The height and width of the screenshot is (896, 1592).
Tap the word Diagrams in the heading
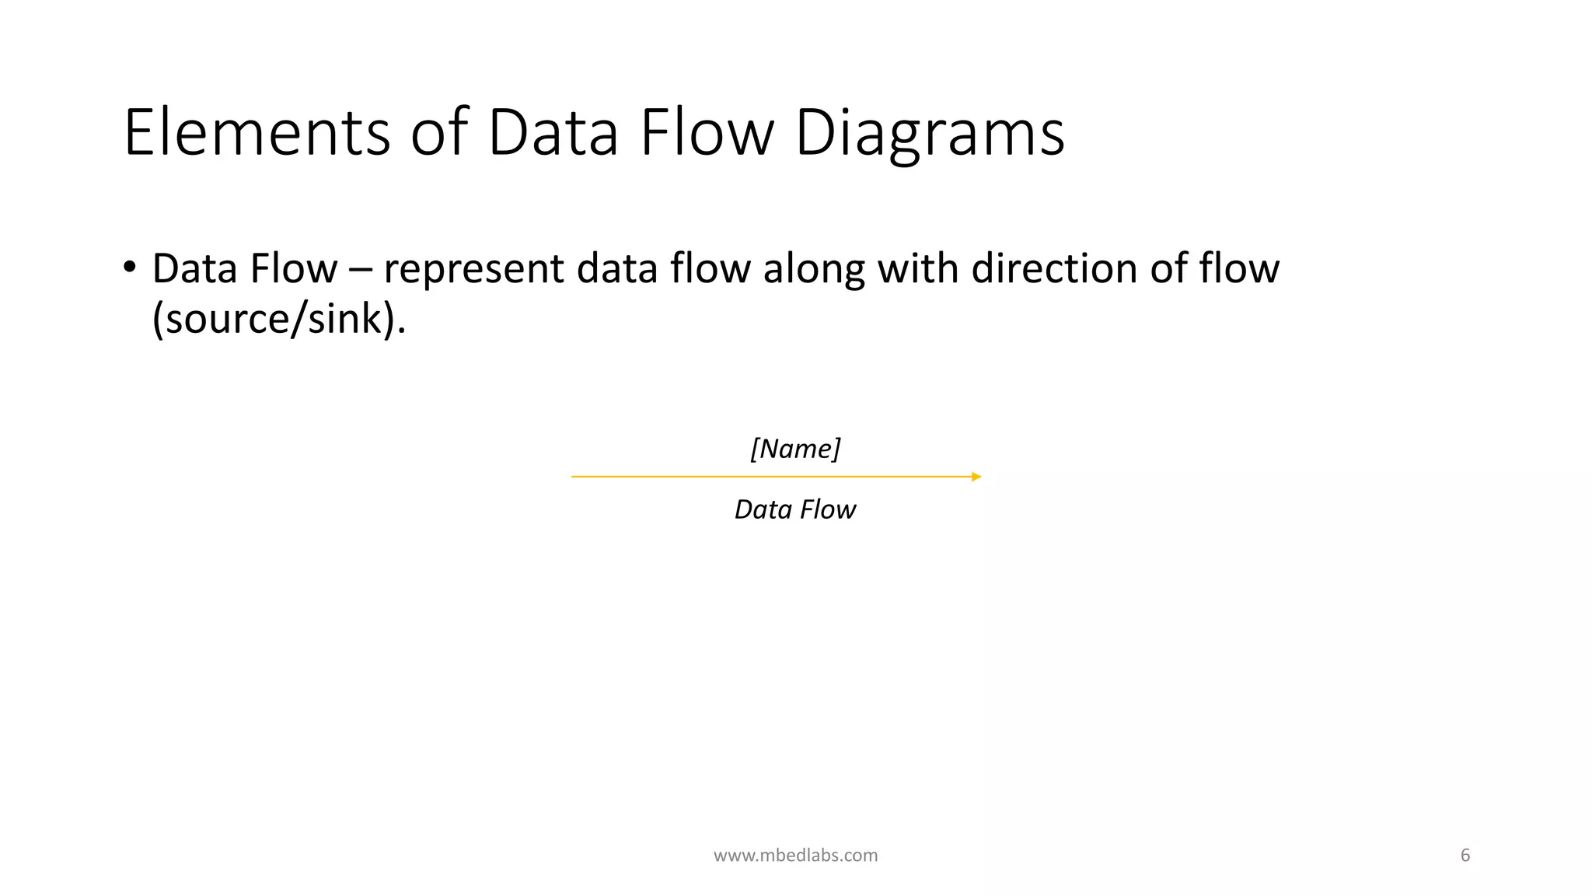(x=929, y=134)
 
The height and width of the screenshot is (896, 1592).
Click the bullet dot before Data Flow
(x=129, y=267)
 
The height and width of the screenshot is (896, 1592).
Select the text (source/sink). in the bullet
(x=278, y=319)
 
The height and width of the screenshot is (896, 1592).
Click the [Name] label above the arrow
(x=795, y=449)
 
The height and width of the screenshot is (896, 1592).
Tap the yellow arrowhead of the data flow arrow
(x=976, y=477)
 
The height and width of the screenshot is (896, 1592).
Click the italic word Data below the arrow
(x=763, y=509)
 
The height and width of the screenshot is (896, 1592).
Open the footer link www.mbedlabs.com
(x=795, y=856)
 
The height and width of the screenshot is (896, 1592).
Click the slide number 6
(x=1465, y=856)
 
